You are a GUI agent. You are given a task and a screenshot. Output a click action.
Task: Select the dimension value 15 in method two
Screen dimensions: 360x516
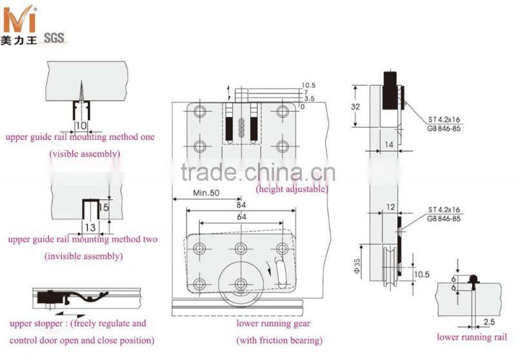click(x=104, y=208)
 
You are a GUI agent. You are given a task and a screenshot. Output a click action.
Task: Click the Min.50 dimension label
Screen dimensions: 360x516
click(x=206, y=194)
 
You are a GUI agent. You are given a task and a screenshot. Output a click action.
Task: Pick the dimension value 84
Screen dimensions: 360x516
click(x=241, y=206)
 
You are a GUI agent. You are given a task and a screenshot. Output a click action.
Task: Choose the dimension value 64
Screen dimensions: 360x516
click(x=241, y=217)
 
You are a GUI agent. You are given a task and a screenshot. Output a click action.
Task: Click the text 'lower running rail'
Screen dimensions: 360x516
click(x=471, y=336)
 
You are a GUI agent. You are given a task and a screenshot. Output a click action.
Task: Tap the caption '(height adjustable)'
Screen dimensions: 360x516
click(x=292, y=189)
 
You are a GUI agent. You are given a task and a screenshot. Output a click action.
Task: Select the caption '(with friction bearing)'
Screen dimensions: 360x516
click(x=279, y=340)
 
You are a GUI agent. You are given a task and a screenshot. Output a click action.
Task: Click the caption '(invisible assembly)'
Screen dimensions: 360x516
click(x=83, y=255)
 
